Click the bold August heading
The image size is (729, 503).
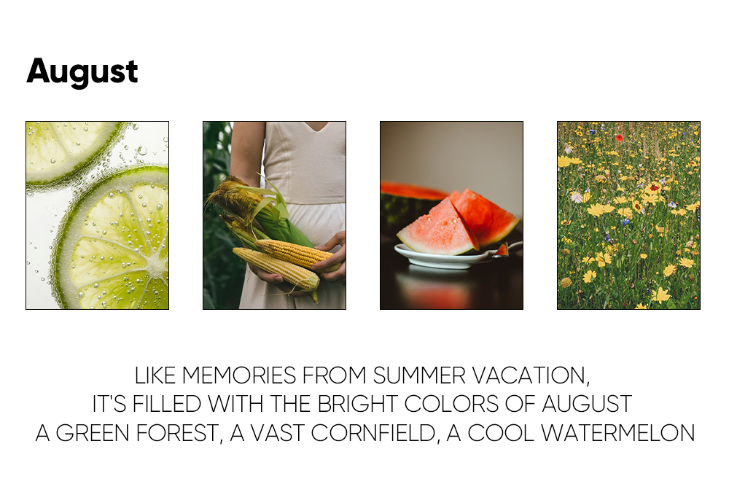82,71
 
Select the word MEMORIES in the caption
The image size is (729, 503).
239,375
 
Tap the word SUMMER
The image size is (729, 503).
419,375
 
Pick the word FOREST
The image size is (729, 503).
179,433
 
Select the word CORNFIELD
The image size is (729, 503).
375,433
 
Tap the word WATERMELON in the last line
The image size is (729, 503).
618,433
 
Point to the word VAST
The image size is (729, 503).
278,433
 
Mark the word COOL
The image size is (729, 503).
501,433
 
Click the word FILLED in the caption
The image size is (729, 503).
166,404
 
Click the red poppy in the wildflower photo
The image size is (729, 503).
619,138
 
